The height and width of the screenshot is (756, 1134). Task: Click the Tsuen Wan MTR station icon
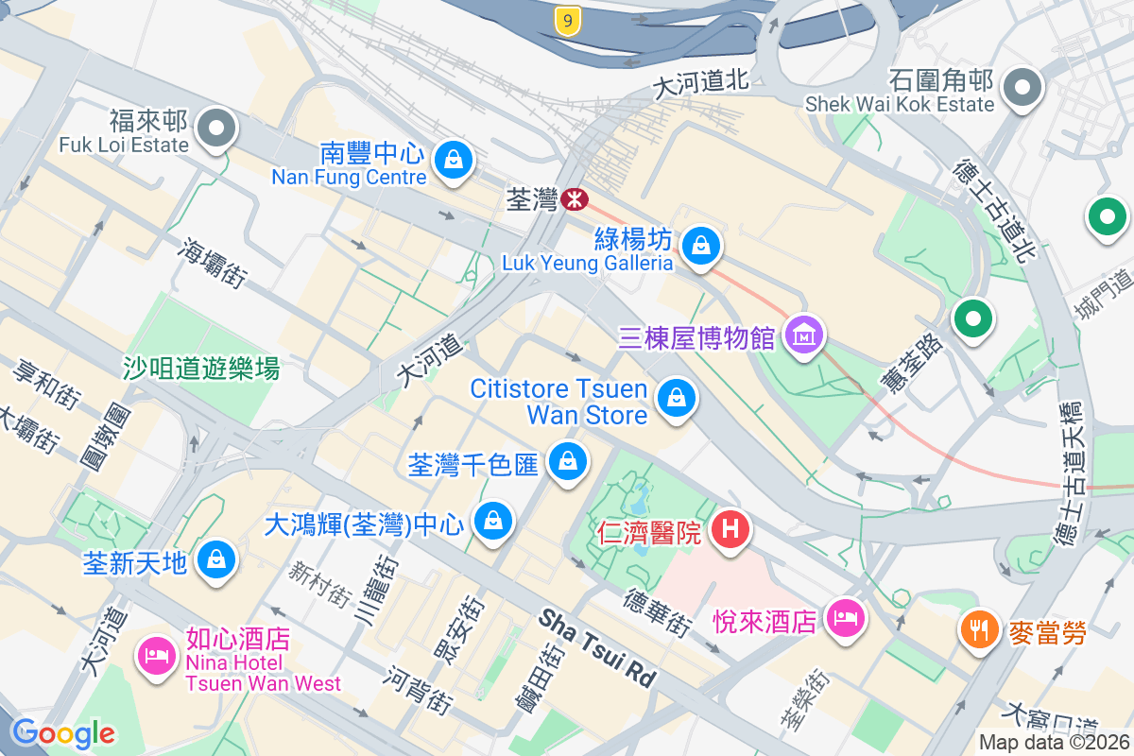tap(574, 199)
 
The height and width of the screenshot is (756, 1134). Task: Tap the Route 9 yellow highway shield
tap(567, 21)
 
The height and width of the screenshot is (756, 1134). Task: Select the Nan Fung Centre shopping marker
tap(454, 158)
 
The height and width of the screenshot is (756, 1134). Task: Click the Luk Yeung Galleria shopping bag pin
tap(701, 246)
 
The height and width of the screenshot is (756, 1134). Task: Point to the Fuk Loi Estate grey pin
tap(217, 128)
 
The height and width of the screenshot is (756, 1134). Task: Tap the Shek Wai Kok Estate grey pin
tap(1022, 88)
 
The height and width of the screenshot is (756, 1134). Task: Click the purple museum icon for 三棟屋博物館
tap(804, 335)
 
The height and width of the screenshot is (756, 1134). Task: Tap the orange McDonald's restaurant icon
tap(980, 627)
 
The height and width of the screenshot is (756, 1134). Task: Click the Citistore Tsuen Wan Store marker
tap(677, 398)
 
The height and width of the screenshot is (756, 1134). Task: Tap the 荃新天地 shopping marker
tap(217, 559)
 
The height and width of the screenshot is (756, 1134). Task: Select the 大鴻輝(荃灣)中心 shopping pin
tap(492, 519)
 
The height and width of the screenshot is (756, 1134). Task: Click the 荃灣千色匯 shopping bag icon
tap(567, 461)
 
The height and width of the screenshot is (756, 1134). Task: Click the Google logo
tap(62, 732)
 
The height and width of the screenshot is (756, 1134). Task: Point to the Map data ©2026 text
tap(1053, 743)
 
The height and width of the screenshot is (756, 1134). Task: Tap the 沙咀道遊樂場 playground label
tap(201, 369)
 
